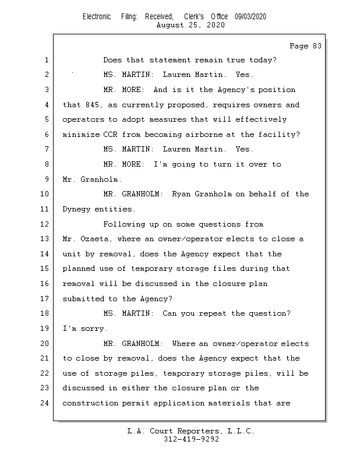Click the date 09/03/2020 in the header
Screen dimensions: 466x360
[x=250, y=17]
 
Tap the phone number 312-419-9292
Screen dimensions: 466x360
[x=191, y=439]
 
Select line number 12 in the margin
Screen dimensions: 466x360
[x=45, y=224]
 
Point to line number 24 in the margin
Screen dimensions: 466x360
[x=45, y=403]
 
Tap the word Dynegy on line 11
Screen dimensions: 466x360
[x=76, y=209]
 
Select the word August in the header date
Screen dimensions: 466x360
[x=171, y=26]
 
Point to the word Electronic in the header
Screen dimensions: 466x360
[x=97, y=17]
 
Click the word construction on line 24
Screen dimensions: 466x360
[x=90, y=403]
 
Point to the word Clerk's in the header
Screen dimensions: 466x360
[x=194, y=17]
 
